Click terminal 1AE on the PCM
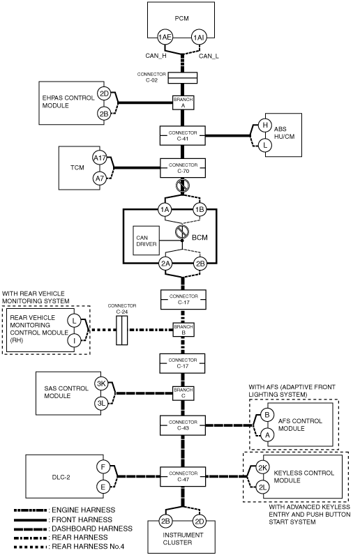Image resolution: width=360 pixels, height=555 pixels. pos(165,37)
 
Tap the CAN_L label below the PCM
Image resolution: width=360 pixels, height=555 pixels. pos(209,56)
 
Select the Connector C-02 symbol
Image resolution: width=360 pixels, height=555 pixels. pos(183,78)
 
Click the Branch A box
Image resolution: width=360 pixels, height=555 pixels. pos(183,102)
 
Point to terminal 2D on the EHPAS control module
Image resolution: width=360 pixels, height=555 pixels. pos(104,94)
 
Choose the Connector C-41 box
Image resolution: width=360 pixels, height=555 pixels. pos(183,135)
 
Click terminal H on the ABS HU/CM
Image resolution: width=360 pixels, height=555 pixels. pos(264,125)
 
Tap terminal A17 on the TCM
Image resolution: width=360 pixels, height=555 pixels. pos(100,158)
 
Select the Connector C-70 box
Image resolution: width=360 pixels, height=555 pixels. pos(183,168)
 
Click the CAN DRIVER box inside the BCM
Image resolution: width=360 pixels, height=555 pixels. pos(146,241)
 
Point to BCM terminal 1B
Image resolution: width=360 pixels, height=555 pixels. pos(200,210)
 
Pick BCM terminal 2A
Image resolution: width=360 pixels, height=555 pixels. pos(165,264)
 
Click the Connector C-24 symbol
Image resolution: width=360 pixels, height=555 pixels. pos(122,330)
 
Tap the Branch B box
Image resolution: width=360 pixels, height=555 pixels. pos(183,330)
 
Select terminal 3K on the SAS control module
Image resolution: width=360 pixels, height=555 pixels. pos(101,383)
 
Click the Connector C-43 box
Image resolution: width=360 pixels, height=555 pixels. pos(183,425)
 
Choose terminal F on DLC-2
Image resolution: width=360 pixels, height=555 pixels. pos(103,467)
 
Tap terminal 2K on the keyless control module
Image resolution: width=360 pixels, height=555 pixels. pos(262,468)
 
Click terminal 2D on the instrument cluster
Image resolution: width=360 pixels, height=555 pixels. pos(200,521)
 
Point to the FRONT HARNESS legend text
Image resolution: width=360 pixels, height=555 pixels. pos(82,519)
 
